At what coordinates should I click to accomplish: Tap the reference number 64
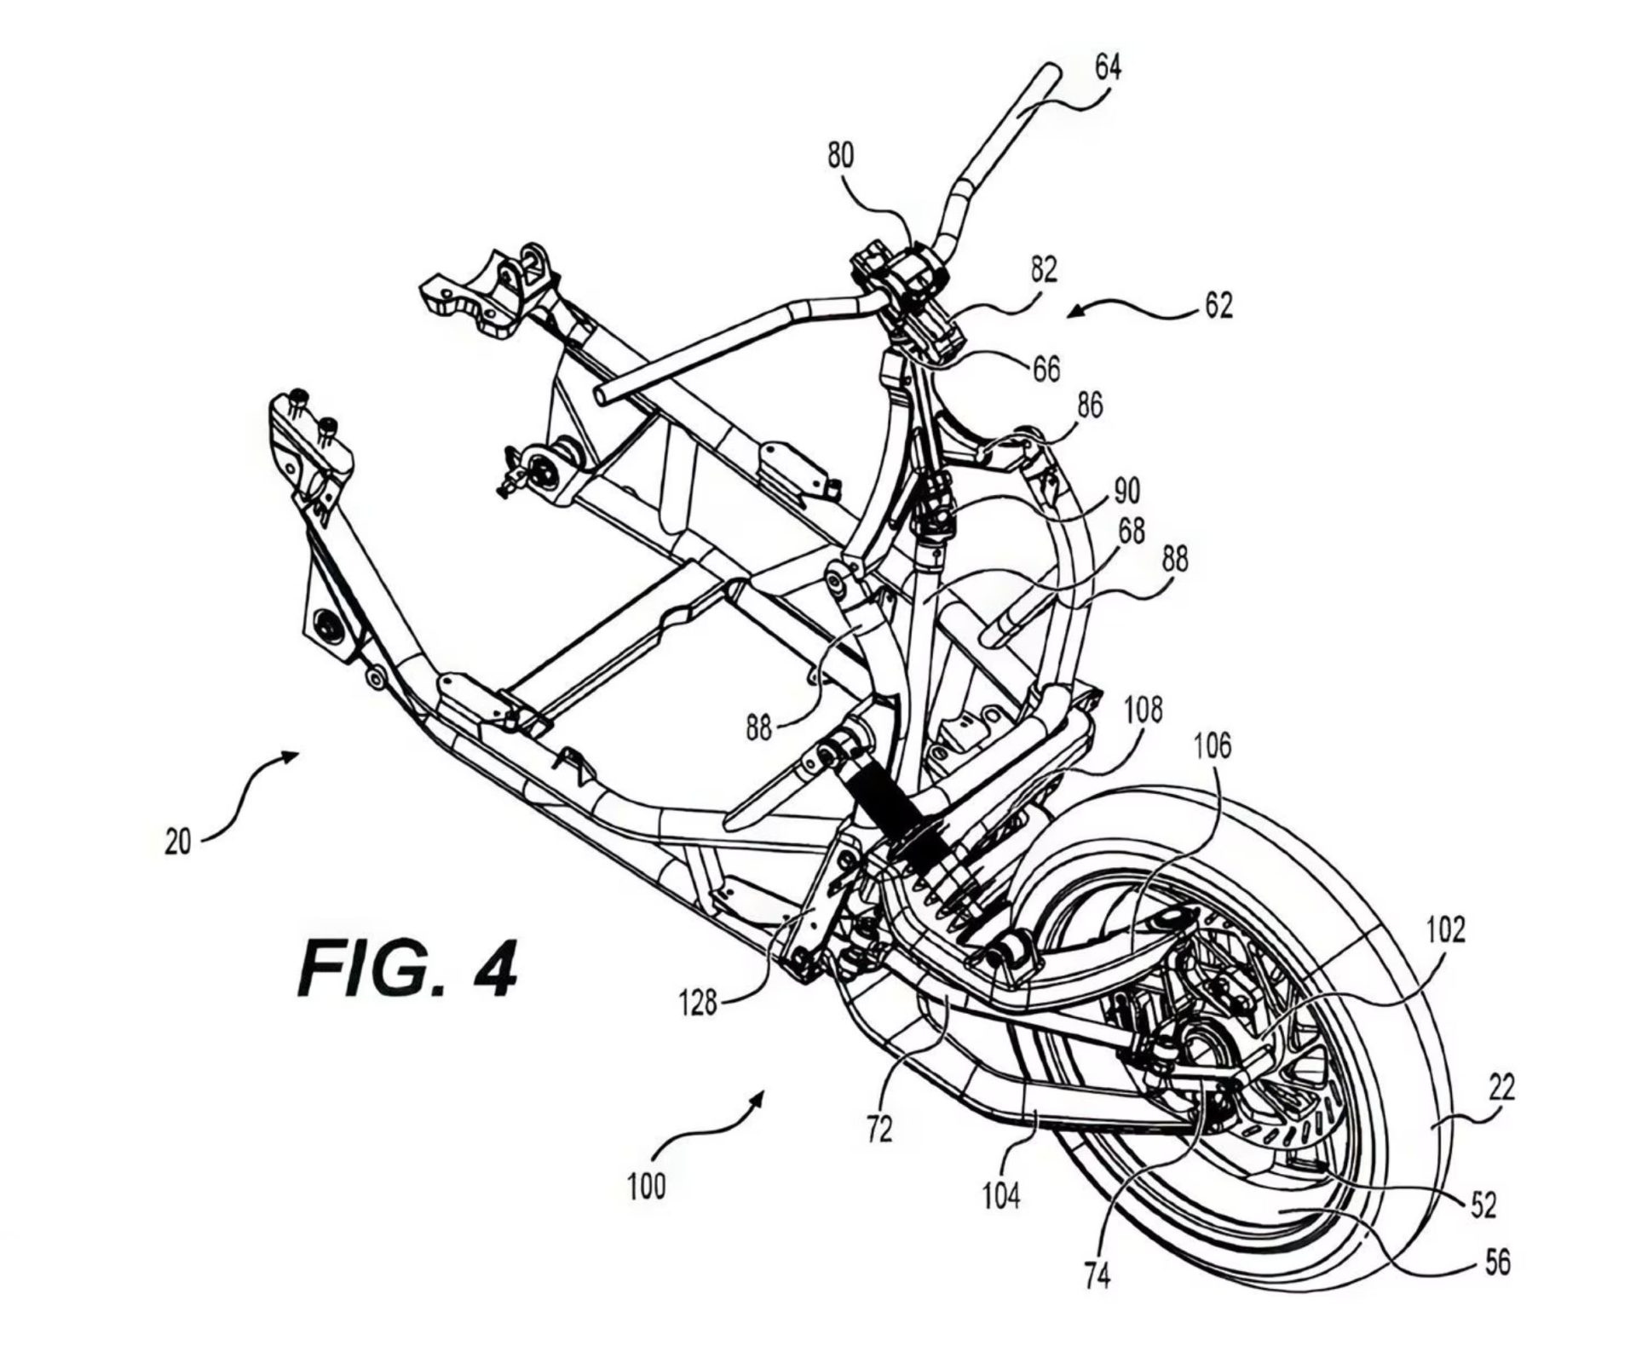click(1107, 67)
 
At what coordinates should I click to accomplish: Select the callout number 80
click(840, 156)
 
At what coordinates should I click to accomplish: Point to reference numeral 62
click(1219, 305)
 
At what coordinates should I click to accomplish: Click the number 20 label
click(177, 843)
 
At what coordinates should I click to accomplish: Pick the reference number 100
click(647, 1187)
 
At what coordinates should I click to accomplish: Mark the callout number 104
click(1000, 1197)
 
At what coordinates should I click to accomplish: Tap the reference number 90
click(1126, 491)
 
